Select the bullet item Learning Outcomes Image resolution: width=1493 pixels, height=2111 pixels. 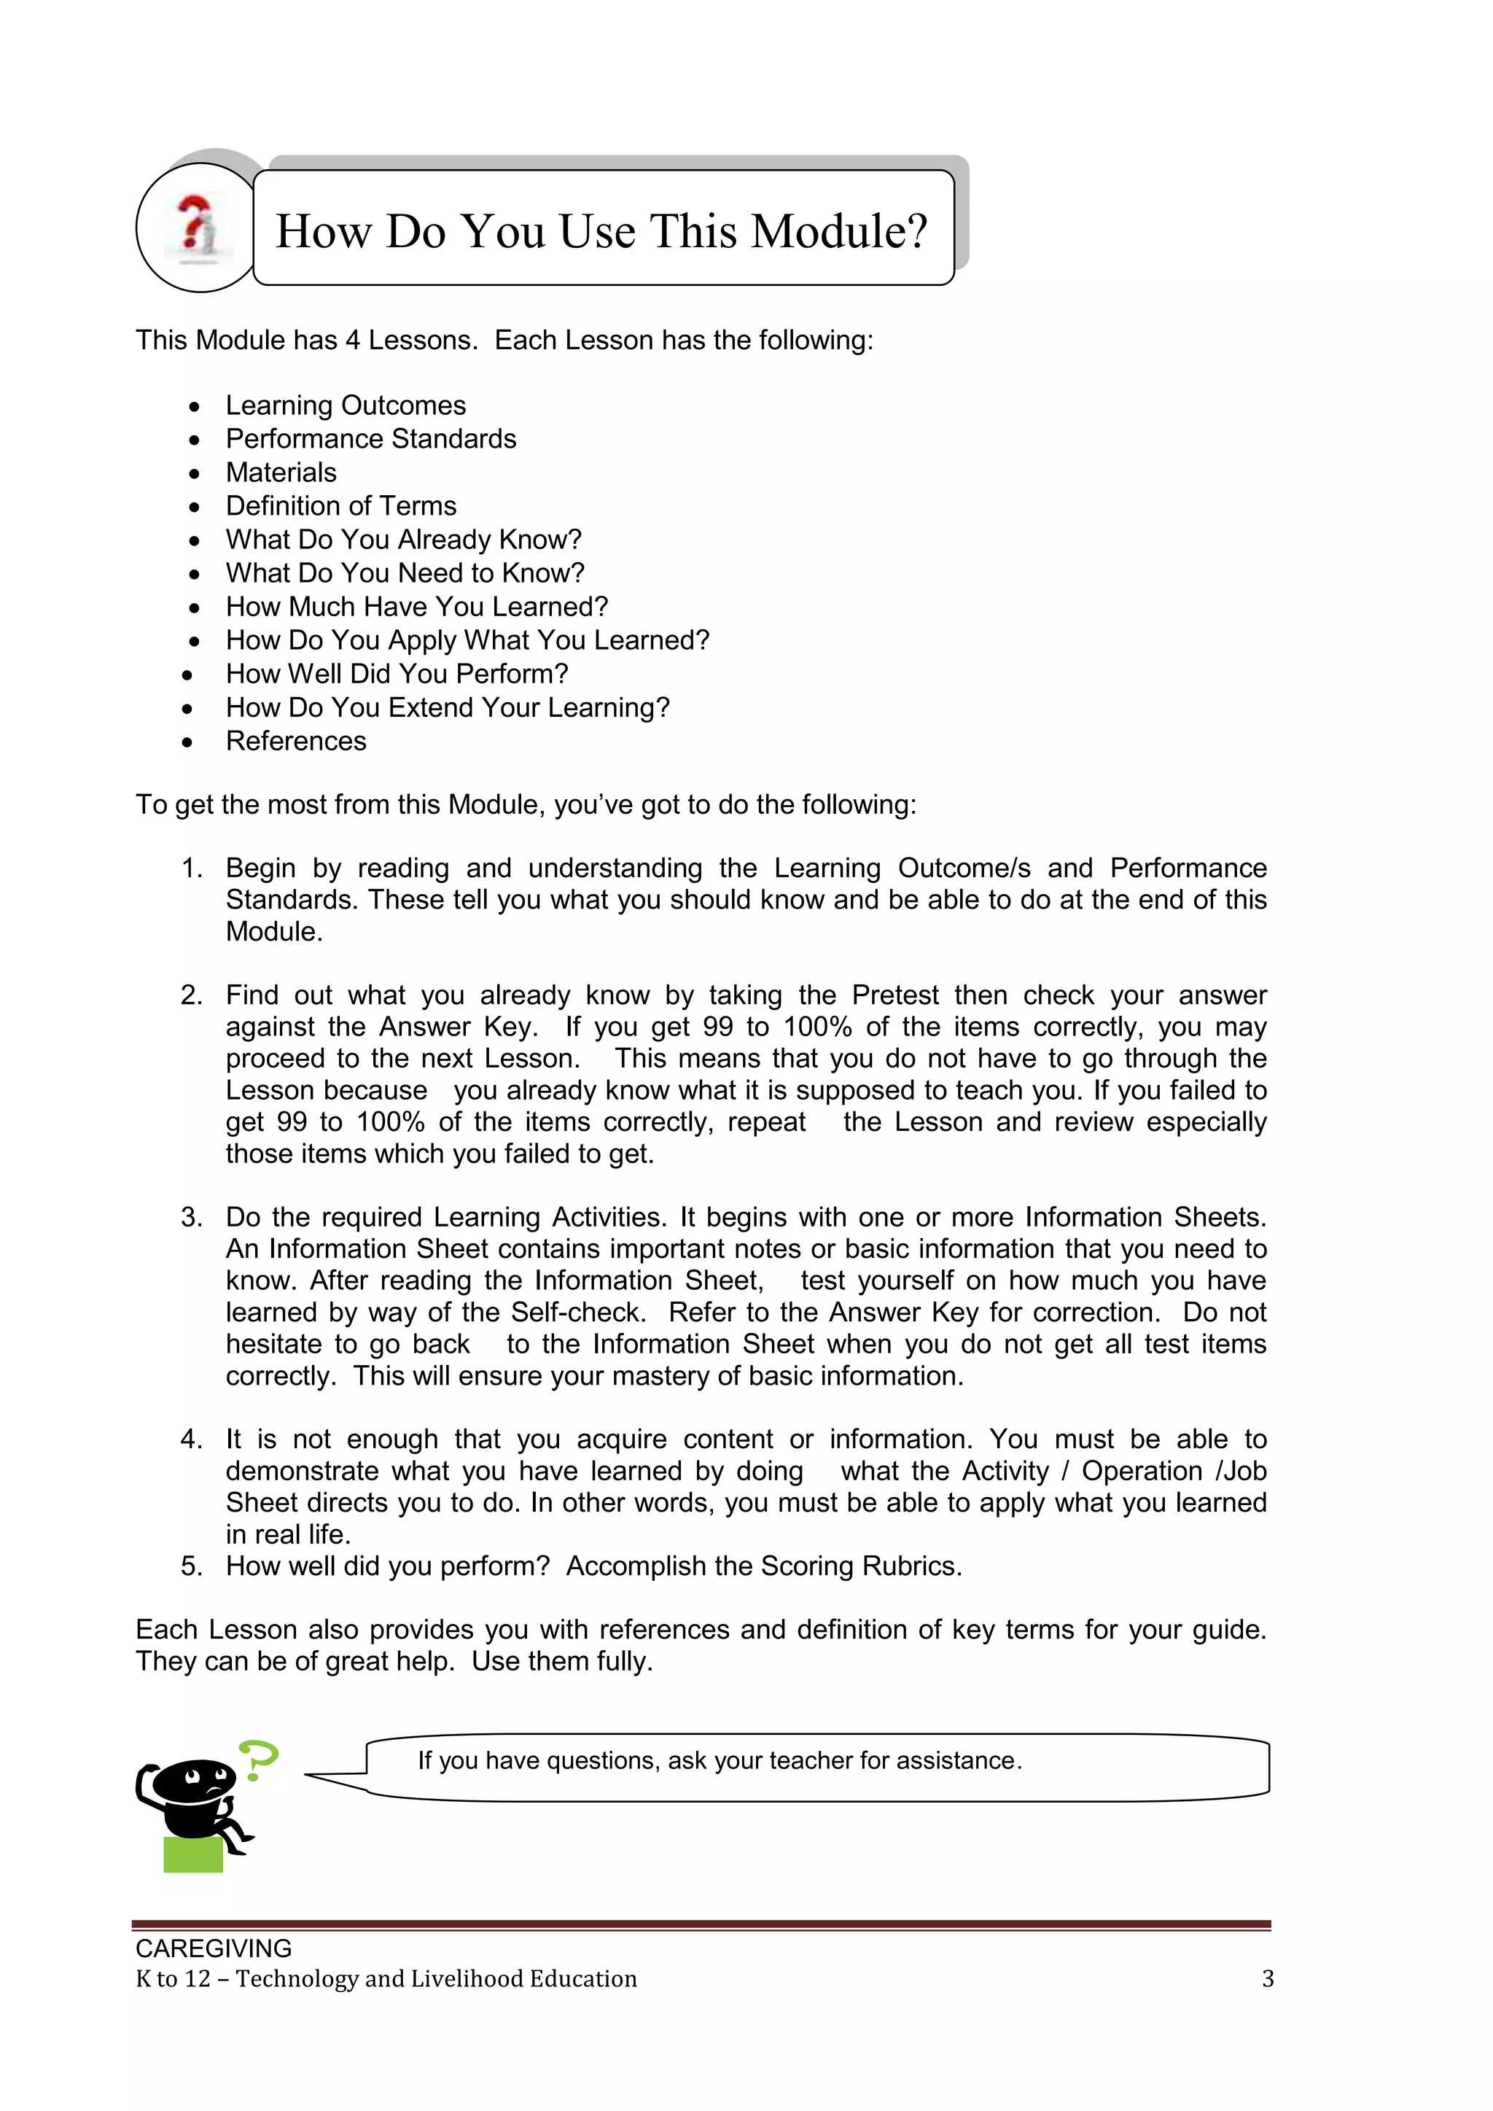(x=346, y=405)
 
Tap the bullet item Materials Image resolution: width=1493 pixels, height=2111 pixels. (x=281, y=473)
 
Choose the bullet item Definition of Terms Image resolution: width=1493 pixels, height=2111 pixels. (x=341, y=505)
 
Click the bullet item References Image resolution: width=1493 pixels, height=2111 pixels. (x=296, y=741)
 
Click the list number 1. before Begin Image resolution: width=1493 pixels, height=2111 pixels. (x=191, y=868)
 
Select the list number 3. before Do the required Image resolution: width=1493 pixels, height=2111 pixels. (x=191, y=1217)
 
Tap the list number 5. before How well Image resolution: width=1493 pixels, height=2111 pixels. (x=191, y=1566)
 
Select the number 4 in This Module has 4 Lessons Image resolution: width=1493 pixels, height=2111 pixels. (x=352, y=341)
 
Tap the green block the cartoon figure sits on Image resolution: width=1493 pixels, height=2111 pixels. (x=193, y=1854)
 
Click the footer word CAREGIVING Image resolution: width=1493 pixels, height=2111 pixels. (x=214, y=1948)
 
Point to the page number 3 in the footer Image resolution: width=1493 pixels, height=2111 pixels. (x=1268, y=1978)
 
